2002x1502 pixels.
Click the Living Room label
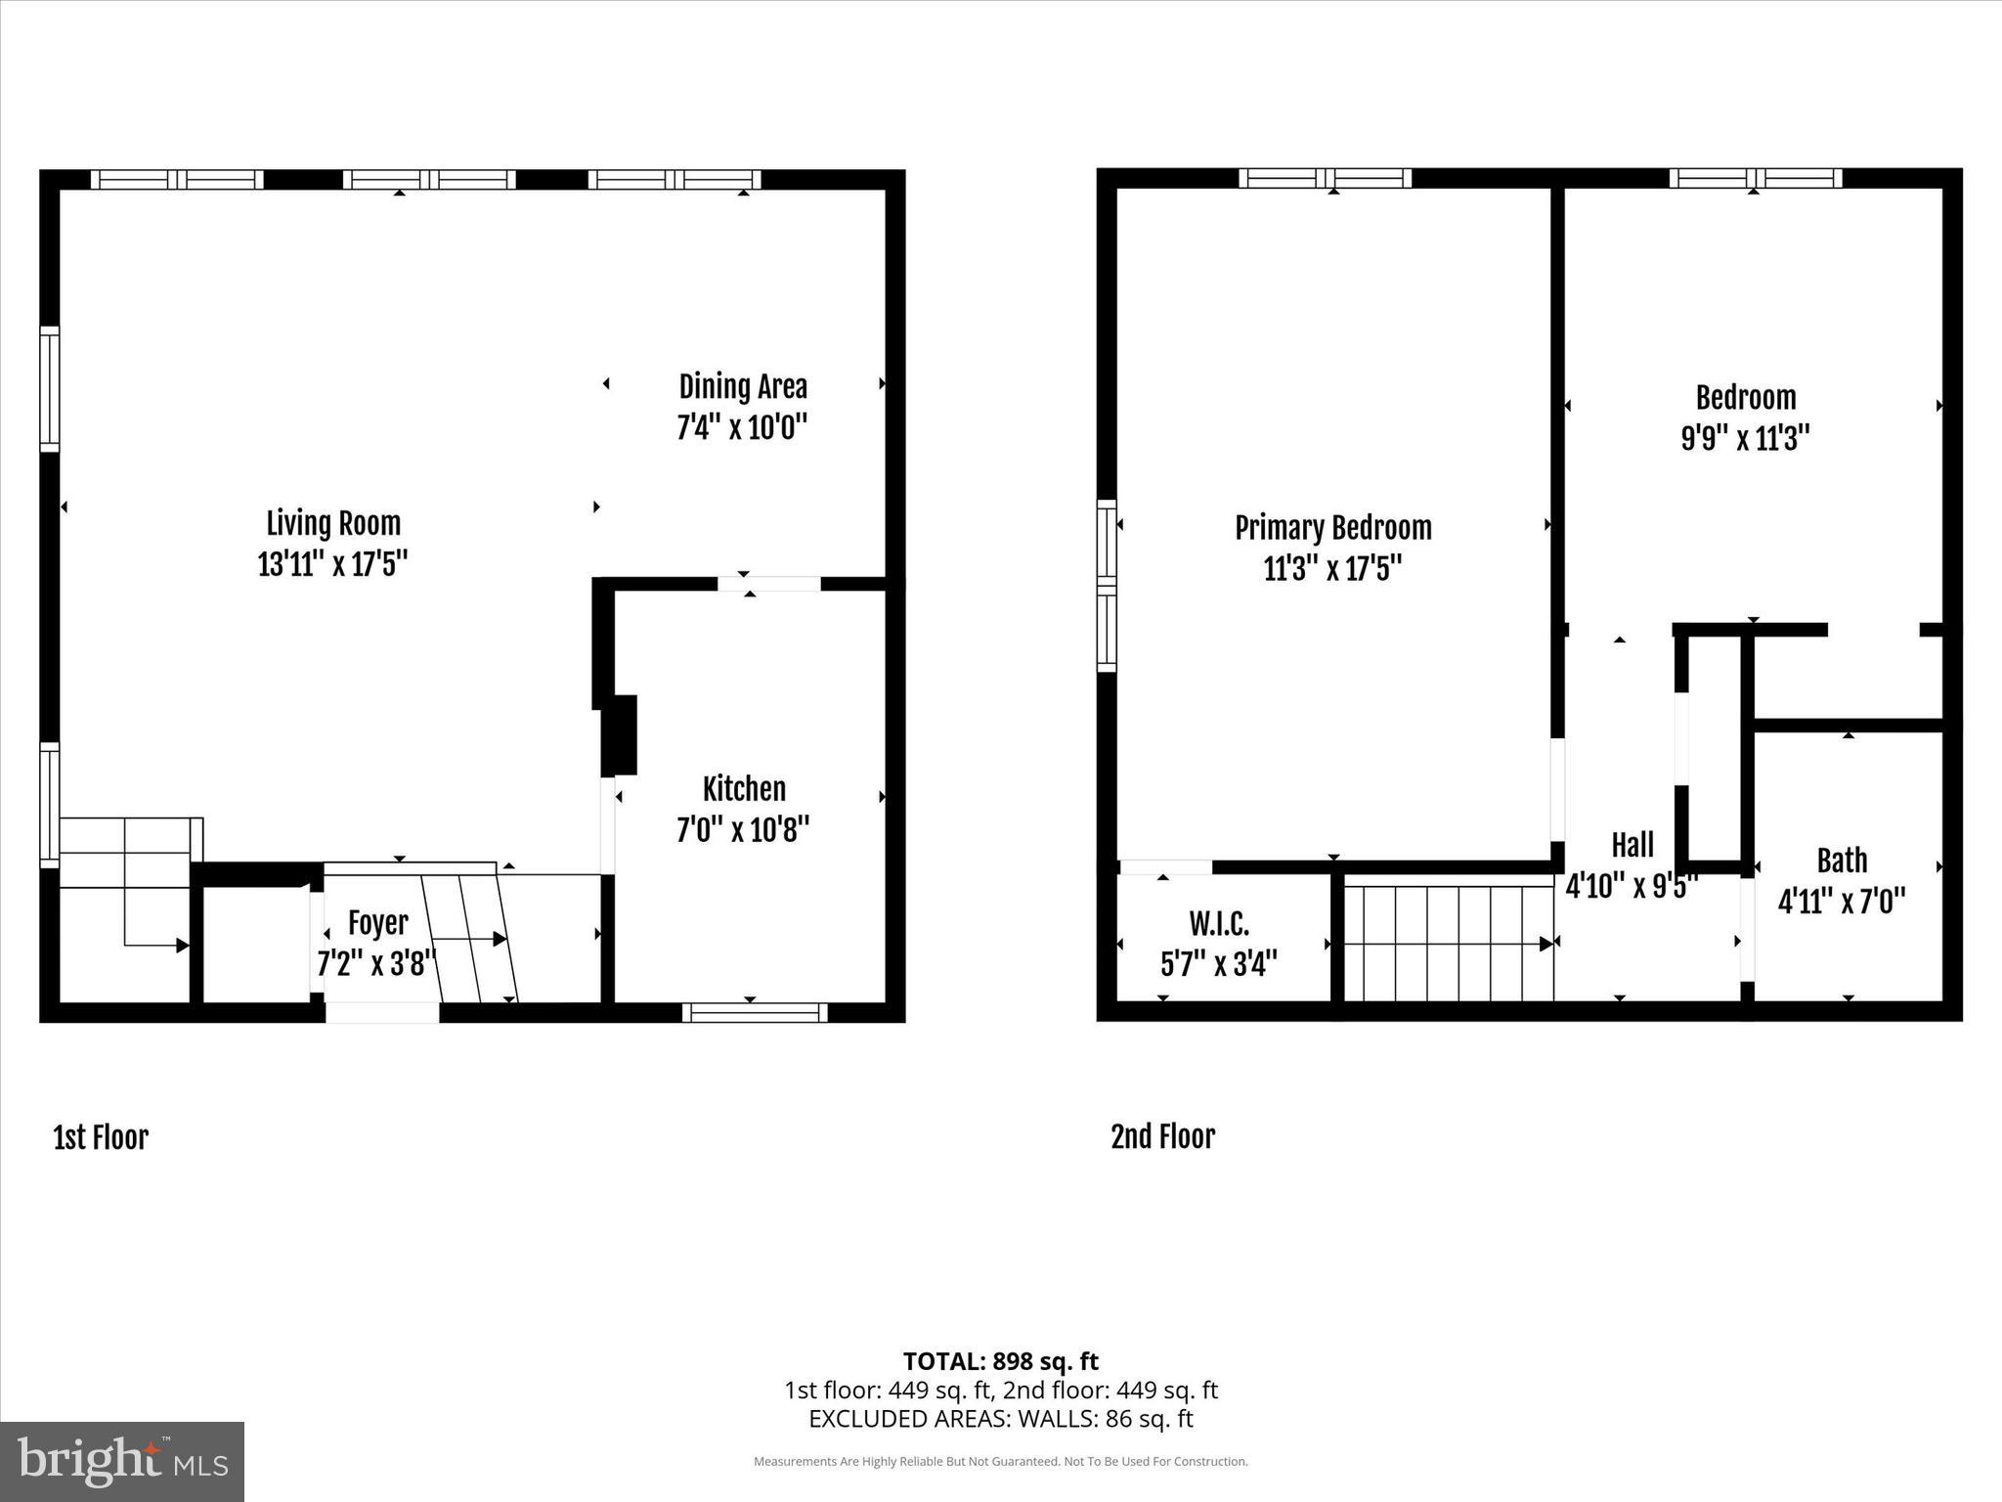click(333, 524)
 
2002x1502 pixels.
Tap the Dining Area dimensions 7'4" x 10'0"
click(742, 428)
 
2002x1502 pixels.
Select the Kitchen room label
click(744, 789)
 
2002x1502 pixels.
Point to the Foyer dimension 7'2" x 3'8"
click(375, 963)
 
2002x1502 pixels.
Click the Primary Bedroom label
click(1332, 528)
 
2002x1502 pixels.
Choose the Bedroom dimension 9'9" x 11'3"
click(1745, 438)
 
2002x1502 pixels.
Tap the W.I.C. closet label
click(1219, 923)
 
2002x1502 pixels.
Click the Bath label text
click(1842, 861)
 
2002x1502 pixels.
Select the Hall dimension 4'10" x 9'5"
click(1631, 886)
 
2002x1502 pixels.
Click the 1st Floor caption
click(101, 1138)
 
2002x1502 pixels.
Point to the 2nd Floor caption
click(1162, 1137)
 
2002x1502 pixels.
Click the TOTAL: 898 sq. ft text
click(1000, 1361)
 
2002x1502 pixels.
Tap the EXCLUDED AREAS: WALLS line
click(1000, 1419)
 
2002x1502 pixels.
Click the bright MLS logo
click(122, 1461)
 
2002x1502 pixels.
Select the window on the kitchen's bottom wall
click(755, 1013)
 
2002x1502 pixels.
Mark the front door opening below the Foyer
click(382, 1013)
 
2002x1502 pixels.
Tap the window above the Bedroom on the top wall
click(1755, 178)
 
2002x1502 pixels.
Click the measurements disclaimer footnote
click(1000, 1462)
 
